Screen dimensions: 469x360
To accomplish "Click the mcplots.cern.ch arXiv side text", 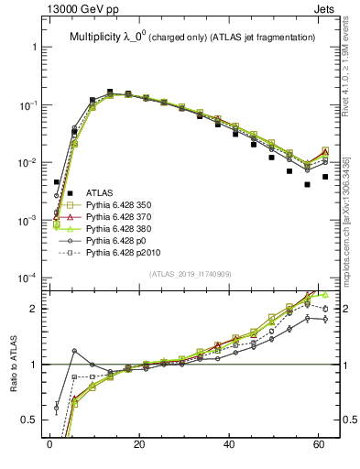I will (x=351, y=220).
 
